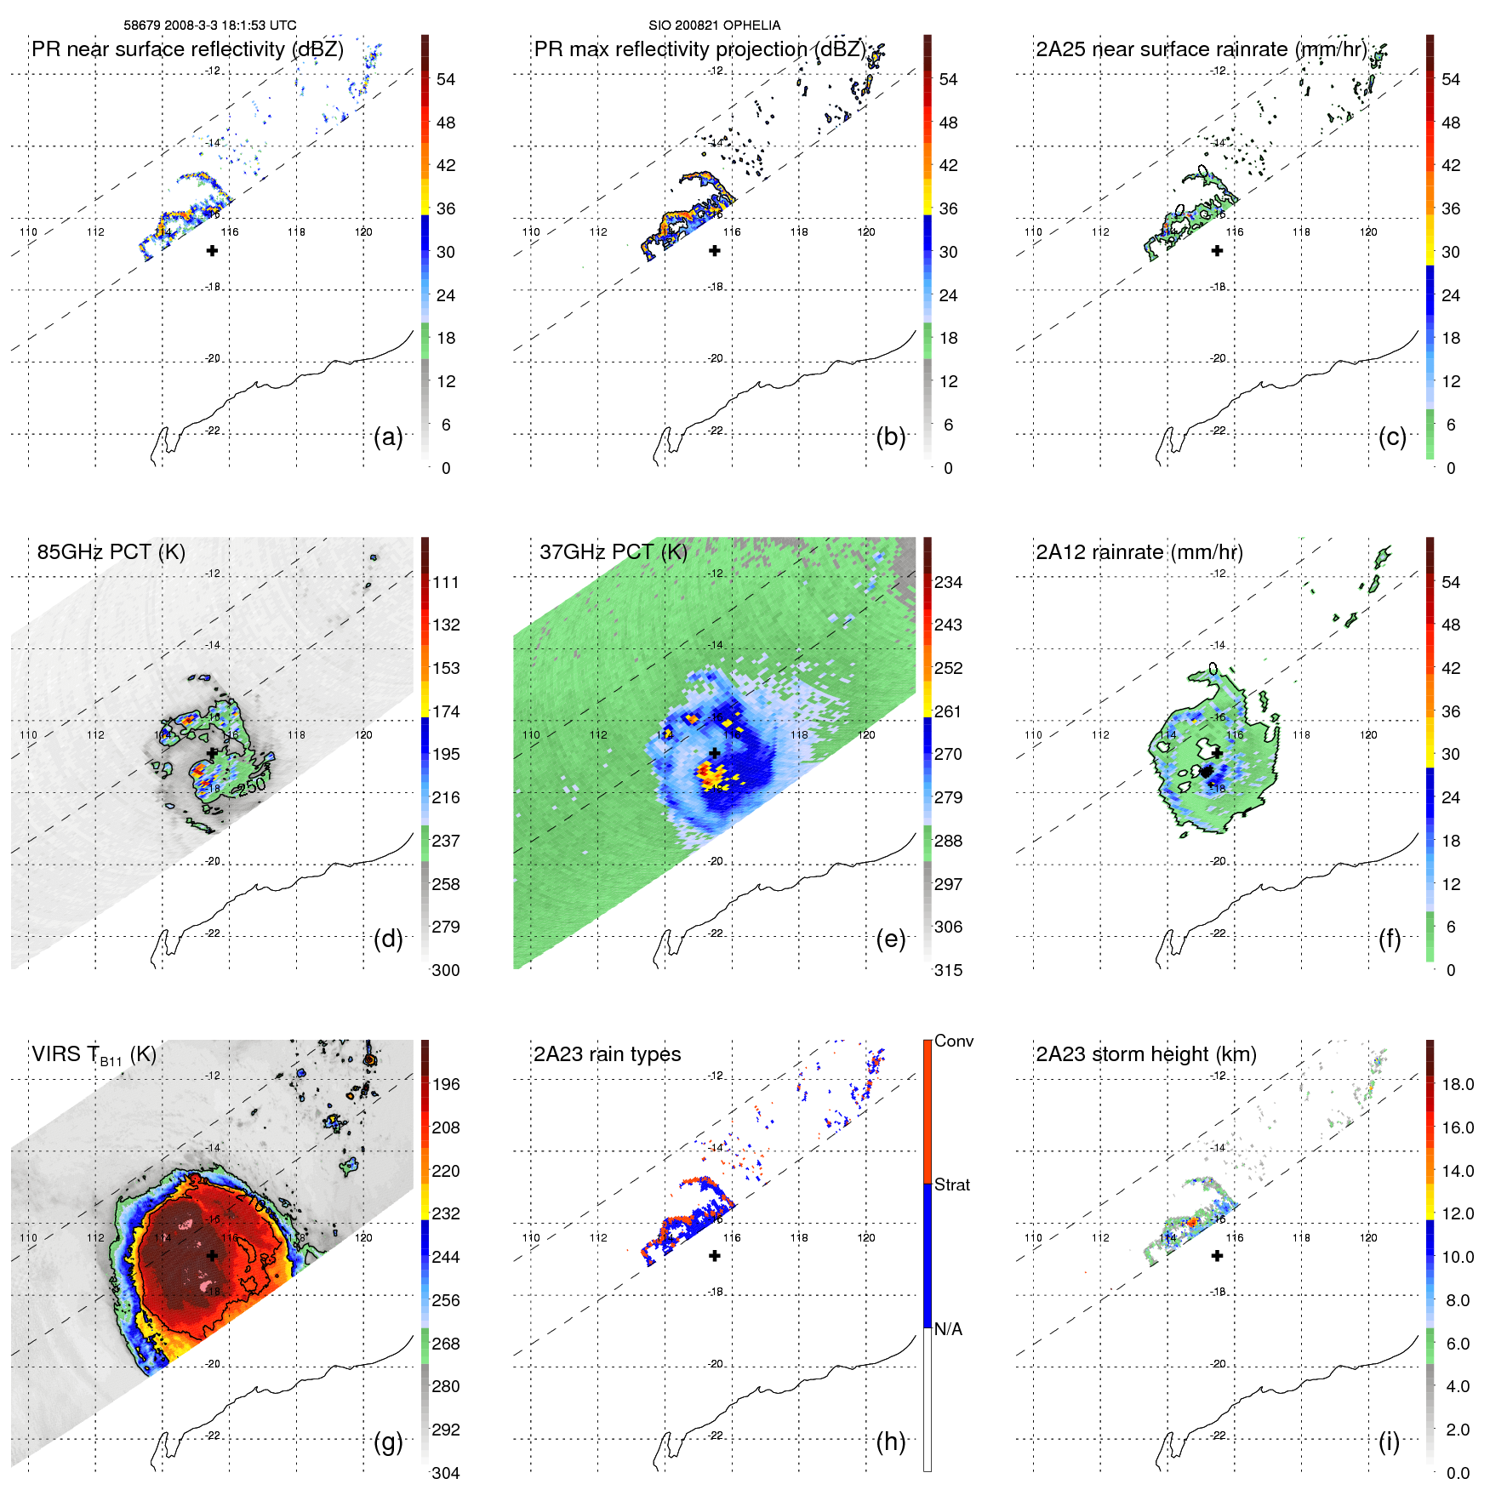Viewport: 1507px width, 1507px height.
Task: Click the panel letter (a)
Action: coord(388,437)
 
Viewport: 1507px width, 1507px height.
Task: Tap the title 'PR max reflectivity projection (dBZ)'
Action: coord(699,49)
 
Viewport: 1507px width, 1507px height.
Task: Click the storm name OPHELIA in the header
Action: coord(754,26)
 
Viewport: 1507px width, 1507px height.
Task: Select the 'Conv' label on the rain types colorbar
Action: coord(954,1041)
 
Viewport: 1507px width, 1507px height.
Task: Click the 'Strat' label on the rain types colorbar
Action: coord(952,1184)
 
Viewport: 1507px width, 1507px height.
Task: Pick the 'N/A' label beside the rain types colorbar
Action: coord(948,1329)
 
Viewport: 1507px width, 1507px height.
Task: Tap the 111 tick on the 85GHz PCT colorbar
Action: coord(446,582)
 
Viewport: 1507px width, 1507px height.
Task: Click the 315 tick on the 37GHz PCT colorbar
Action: coord(948,970)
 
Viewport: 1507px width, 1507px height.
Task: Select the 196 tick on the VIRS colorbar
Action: coord(446,1084)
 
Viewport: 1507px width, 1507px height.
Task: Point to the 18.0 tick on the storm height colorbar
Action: coord(1458,1084)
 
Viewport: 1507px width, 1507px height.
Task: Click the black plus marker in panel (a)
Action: coord(212,251)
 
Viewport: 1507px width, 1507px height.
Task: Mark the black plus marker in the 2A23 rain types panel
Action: coord(715,1256)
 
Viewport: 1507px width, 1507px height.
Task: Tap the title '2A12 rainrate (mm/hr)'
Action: coord(1139,552)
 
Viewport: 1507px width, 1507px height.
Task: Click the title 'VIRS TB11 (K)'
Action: coord(94,1055)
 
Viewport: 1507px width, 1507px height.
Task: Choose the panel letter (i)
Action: coord(1389,1442)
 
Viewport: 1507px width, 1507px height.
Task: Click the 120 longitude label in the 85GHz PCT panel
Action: coord(363,734)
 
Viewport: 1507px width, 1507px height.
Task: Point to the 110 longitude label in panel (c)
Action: coord(1033,231)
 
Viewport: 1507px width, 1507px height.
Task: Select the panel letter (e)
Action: coord(891,939)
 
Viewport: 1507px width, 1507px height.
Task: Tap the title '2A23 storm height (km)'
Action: coord(1146,1054)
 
